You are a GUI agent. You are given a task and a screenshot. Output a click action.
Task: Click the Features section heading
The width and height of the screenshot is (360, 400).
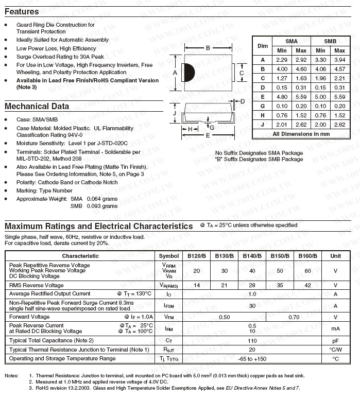tap(22, 12)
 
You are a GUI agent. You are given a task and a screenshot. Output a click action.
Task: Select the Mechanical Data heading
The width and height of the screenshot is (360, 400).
tap(37, 107)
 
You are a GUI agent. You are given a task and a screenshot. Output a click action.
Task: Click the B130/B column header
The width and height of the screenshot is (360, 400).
tap(224, 256)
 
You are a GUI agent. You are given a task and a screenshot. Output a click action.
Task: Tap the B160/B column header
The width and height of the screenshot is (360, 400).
tap(308, 256)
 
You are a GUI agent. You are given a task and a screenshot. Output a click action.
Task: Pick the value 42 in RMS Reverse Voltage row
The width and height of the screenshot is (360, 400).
tap(308, 285)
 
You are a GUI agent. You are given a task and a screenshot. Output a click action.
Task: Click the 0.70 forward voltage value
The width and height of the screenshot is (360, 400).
tap(294, 317)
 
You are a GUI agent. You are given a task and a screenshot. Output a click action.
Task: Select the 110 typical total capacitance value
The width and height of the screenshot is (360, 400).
tap(252, 341)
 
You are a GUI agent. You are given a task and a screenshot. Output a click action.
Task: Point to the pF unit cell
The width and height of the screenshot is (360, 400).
tap(335, 341)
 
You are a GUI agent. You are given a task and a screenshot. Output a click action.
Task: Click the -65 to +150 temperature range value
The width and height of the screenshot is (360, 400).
tap(252, 359)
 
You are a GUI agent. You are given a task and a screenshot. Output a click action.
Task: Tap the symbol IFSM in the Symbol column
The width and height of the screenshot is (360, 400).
tap(169, 306)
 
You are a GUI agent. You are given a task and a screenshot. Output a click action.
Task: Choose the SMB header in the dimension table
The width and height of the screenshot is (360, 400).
tap(330, 41)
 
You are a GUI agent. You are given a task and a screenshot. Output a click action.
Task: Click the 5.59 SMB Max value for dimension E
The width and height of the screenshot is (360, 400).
tap(340, 97)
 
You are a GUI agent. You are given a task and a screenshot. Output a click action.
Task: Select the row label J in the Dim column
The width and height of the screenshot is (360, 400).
tap(263, 125)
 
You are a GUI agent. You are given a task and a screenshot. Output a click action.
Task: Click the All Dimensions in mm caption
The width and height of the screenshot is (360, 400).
tap(301, 134)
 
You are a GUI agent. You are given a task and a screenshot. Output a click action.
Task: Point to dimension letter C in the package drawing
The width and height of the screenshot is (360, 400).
tap(242, 73)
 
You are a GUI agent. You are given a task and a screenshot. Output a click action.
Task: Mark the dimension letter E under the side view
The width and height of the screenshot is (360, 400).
tap(208, 135)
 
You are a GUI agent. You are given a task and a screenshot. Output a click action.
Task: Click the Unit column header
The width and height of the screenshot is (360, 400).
tap(335, 256)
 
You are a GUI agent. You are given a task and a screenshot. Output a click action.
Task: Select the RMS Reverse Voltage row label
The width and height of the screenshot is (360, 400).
tap(37, 285)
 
